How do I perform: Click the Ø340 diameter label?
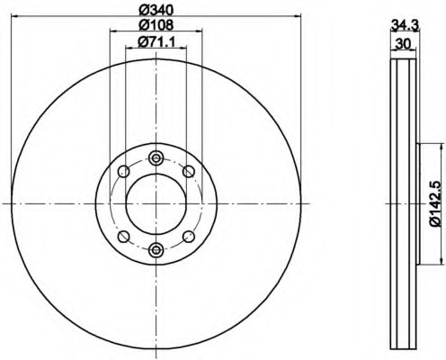156,10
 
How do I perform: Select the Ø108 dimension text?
156,24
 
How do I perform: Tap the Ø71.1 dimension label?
156,41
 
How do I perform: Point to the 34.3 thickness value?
405,25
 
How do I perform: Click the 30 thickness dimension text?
403,44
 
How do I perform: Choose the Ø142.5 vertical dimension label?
435,203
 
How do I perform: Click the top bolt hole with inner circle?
156,157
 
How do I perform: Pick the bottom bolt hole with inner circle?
156,249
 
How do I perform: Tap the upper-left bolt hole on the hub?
123,172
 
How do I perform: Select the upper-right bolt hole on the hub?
189,172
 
